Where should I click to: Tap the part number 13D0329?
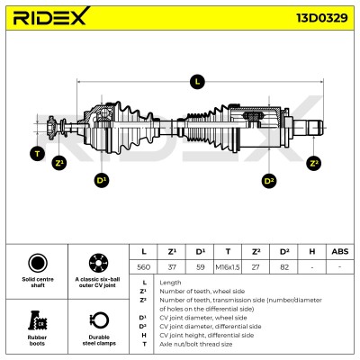point(322,18)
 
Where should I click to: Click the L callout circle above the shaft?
point(197,81)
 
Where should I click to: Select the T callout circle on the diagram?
point(37,154)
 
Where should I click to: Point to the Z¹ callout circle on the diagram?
point(59,163)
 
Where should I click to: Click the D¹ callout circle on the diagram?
point(102,180)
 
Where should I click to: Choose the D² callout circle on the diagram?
point(269,181)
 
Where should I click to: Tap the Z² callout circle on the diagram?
point(314,163)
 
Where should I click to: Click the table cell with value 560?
point(143,266)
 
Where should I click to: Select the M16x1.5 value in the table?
point(228,266)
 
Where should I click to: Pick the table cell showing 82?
point(283,266)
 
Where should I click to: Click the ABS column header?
point(340,251)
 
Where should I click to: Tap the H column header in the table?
point(312,251)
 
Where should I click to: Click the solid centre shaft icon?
point(38,263)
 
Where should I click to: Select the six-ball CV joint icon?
point(99,263)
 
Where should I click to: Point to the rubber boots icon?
point(37,320)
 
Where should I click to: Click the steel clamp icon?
point(99,320)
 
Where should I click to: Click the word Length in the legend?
point(170,283)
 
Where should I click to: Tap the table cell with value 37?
point(172,266)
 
